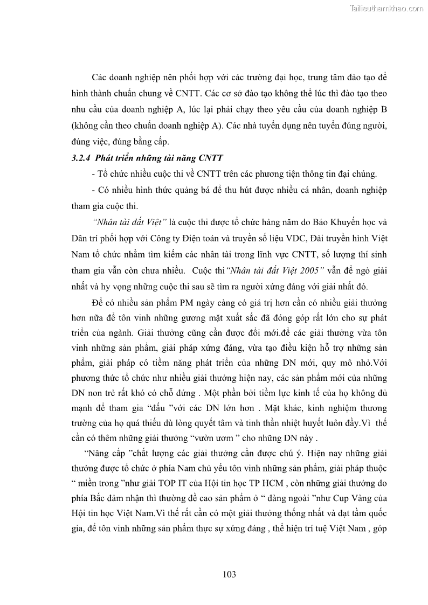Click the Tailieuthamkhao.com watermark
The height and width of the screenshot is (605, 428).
pyautogui.click(x=386, y=8)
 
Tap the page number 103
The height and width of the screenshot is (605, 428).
pyautogui.click(x=229, y=574)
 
